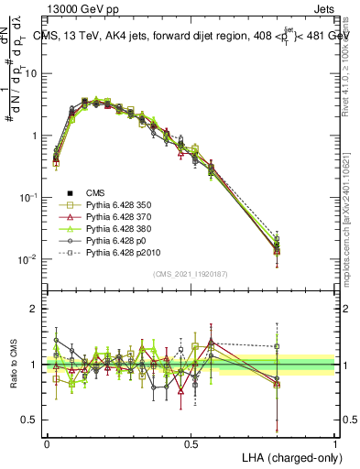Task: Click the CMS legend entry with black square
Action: pyautogui.click(x=96, y=192)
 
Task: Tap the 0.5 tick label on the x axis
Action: pyautogui.click(x=191, y=442)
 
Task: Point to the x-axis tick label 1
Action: pyautogui.click(x=335, y=442)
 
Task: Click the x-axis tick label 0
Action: pyautogui.click(x=47, y=442)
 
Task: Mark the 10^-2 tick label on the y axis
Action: pyautogui.click(x=27, y=259)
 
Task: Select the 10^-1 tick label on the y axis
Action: pyautogui.click(x=27, y=197)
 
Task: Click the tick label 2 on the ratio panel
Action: pyautogui.click(x=34, y=309)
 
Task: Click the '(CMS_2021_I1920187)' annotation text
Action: pyautogui.click(x=190, y=274)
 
